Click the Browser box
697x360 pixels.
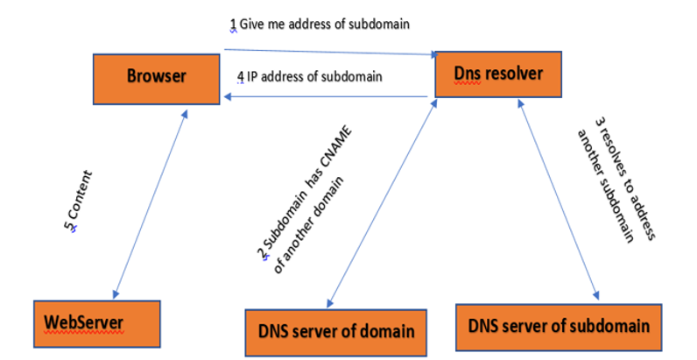pos(157,76)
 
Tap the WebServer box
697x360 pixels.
pos(96,324)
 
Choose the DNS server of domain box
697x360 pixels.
pos(336,331)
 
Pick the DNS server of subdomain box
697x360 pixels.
pos(554,328)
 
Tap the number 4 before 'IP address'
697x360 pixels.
pos(241,76)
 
